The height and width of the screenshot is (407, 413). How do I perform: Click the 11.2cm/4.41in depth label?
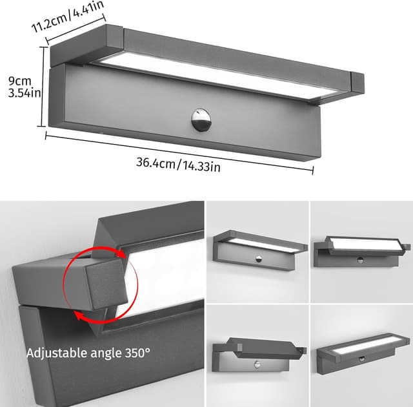point(67,19)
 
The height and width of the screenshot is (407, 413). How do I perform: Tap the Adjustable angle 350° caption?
point(88,353)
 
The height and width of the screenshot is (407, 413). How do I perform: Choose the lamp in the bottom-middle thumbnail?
point(258,352)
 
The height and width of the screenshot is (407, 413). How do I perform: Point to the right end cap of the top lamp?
point(357,82)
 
